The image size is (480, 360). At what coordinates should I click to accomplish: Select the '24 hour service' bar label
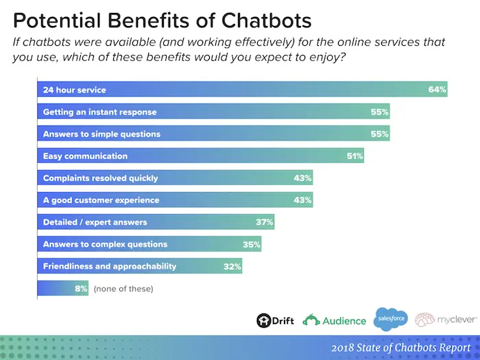[74, 90]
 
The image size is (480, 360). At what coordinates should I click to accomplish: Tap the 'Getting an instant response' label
[99, 112]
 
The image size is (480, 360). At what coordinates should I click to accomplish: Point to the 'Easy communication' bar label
[85, 156]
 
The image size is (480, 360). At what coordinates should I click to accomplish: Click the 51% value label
[355, 156]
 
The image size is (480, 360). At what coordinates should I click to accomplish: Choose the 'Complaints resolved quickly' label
[100, 178]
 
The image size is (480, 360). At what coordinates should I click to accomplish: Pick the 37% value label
[265, 222]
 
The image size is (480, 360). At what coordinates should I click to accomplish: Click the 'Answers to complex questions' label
[105, 244]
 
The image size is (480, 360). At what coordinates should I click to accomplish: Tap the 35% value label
[252, 244]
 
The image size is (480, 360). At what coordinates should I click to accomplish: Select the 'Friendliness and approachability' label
[110, 266]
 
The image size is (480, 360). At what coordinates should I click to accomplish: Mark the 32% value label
[232, 266]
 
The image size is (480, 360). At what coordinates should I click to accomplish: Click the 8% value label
[82, 289]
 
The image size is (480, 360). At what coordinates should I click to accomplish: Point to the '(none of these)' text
[123, 289]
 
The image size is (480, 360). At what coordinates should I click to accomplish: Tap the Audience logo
[334, 320]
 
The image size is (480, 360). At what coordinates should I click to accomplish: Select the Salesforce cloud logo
[390, 318]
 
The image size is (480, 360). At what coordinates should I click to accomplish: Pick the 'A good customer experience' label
[101, 200]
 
